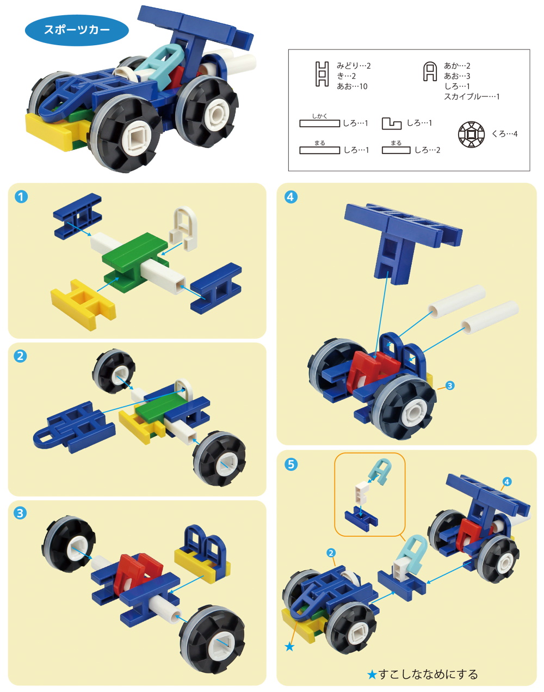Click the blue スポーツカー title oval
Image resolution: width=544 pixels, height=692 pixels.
tap(77, 30)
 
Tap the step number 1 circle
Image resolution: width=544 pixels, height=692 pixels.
tap(21, 197)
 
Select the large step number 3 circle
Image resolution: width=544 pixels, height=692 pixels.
tap(20, 513)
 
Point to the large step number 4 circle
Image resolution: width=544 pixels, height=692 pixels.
tap(291, 197)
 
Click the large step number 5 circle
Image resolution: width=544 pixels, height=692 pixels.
tap(291, 464)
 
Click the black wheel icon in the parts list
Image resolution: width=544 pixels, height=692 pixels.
tap(471, 134)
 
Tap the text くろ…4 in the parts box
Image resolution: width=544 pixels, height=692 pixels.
tap(504, 134)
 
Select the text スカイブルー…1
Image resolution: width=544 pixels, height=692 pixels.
tap(472, 96)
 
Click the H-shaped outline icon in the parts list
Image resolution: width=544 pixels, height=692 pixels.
tap(322, 74)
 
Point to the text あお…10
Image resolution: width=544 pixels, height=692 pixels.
tap(352, 86)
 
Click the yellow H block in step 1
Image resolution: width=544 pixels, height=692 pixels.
tap(83, 304)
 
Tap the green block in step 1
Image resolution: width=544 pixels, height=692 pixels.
tap(135, 262)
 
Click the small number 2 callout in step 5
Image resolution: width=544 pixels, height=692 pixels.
tap(331, 553)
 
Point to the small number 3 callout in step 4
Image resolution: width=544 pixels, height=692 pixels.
tap(450, 385)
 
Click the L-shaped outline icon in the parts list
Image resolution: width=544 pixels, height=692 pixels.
tap(391, 124)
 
